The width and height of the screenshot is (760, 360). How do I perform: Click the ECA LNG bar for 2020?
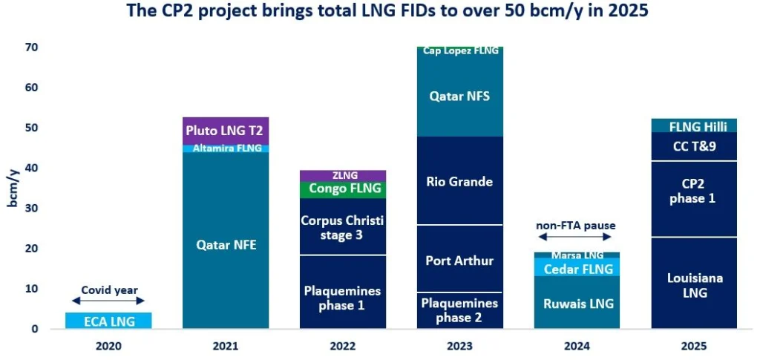click(108, 320)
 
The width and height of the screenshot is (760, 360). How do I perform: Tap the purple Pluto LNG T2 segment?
click(226, 131)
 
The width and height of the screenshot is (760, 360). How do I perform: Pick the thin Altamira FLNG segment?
click(226, 148)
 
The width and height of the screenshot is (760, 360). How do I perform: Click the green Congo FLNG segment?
click(343, 189)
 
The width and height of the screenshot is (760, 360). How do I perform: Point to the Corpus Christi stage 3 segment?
click(343, 226)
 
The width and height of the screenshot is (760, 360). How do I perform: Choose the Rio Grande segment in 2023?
click(459, 180)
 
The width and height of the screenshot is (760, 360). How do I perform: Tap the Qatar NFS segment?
click(459, 96)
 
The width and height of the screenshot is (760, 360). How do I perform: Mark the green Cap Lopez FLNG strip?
click(459, 50)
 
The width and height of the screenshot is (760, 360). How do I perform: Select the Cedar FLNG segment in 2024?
click(577, 268)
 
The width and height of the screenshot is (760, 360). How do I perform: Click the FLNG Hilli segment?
click(694, 125)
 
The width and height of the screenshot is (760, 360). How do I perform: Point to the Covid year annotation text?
click(108, 290)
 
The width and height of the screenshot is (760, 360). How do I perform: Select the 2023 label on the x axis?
click(459, 346)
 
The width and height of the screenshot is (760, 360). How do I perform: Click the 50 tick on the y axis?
click(32, 128)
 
